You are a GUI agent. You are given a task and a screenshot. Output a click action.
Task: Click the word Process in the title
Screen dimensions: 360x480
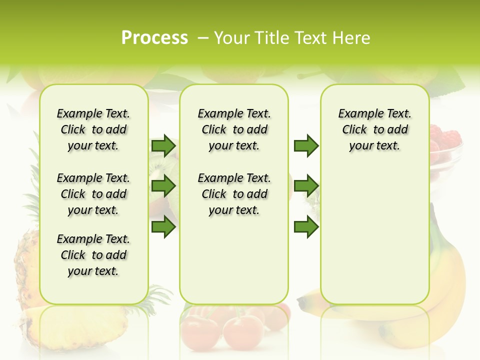click(x=154, y=38)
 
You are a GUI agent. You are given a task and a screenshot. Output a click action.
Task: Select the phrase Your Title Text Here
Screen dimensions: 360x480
click(x=292, y=38)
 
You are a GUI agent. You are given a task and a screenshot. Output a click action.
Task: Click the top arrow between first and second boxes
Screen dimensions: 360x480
click(x=163, y=146)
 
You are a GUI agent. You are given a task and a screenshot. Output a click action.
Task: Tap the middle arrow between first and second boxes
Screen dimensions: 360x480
click(x=163, y=186)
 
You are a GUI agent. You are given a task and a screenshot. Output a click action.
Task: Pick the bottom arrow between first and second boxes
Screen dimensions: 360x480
click(x=163, y=227)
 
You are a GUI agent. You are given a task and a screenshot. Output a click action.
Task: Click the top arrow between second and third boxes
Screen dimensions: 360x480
click(x=306, y=146)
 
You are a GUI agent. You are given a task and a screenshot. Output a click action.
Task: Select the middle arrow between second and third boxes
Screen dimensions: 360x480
click(x=306, y=186)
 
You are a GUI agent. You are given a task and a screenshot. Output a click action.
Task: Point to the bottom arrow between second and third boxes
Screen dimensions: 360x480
click(x=306, y=227)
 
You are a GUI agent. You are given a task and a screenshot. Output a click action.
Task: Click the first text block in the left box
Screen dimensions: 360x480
click(x=93, y=129)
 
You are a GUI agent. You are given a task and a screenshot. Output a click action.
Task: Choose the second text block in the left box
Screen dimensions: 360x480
click(x=93, y=194)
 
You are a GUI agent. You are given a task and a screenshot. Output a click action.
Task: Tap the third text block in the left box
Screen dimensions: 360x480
click(x=93, y=255)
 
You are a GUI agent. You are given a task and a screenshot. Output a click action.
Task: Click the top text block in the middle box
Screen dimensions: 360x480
click(x=234, y=129)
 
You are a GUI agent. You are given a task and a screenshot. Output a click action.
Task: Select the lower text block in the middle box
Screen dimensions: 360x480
click(x=234, y=194)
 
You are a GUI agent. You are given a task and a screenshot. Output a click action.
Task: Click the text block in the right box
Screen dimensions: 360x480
click(x=374, y=129)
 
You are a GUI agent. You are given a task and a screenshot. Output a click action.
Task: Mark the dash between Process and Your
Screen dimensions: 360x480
click(x=203, y=38)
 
